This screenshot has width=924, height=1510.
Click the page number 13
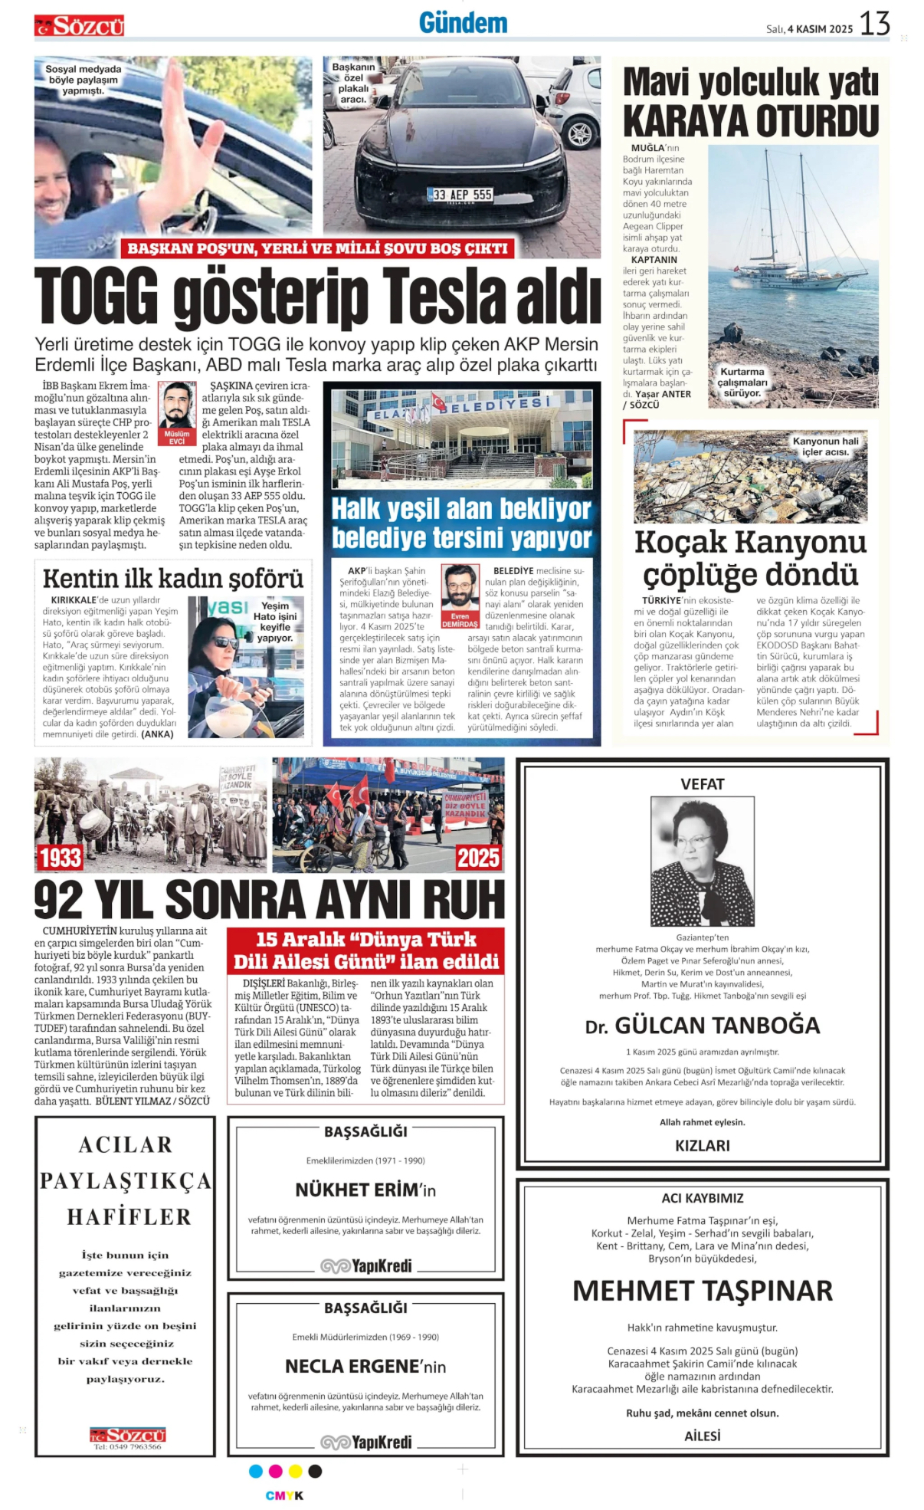pos(874,24)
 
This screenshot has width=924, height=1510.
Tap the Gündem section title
pos(463,23)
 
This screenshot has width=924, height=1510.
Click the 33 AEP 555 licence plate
pos(461,195)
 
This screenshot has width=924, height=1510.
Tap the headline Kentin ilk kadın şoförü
pos(173,578)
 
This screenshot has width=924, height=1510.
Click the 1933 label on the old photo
pos(61,857)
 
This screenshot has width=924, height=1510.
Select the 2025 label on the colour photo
pos(478,857)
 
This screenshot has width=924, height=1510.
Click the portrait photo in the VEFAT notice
pos(702,862)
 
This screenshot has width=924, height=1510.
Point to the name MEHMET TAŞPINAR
pos(702,1291)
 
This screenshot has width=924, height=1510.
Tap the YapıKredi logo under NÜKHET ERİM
pos(366,1265)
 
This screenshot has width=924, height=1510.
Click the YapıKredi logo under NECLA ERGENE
pos(366,1442)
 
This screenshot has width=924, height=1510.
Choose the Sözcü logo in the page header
pos(79,27)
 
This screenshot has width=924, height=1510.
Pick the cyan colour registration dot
pos(256,1471)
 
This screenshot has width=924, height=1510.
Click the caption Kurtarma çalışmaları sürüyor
pos(742,382)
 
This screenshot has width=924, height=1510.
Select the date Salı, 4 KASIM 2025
pos(809,29)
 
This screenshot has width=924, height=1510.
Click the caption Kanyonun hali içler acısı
pos(825,446)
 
